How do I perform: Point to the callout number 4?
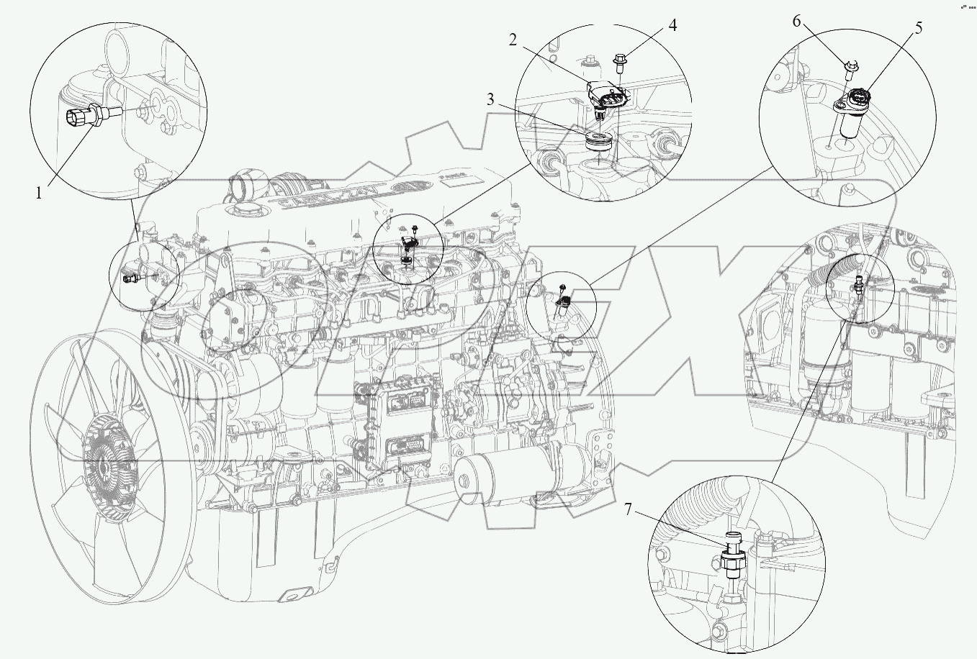(x=672, y=26)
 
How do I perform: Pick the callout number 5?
(x=919, y=28)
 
